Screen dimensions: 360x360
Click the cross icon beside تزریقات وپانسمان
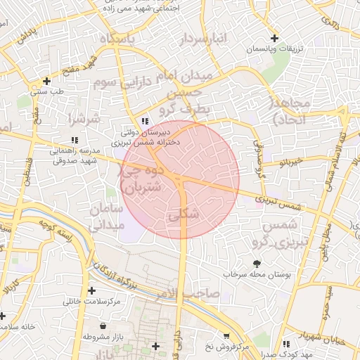(x=274, y=38)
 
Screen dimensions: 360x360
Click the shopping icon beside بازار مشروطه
(x=104, y=326)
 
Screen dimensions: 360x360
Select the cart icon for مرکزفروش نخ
(x=226, y=336)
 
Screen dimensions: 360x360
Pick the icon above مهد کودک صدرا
(x=286, y=344)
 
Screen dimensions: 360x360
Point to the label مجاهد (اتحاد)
(x=290, y=110)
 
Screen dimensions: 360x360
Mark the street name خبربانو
(x=290, y=162)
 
